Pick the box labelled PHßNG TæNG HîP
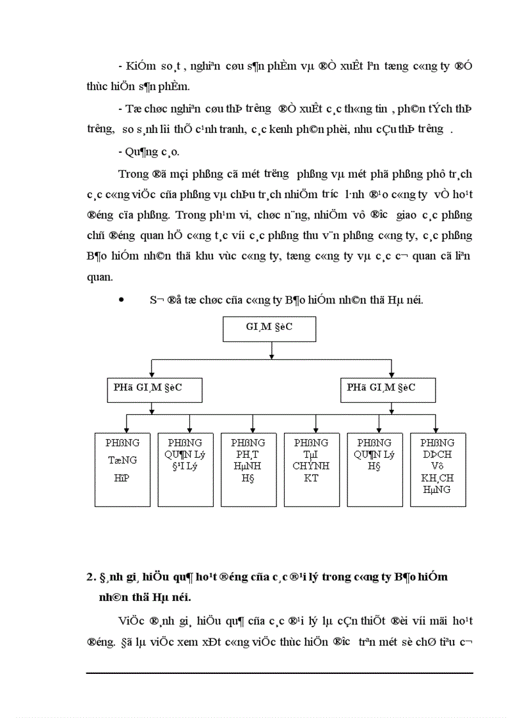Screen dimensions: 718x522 122,470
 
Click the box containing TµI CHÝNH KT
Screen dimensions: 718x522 312,470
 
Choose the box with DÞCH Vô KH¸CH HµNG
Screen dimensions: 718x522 438,470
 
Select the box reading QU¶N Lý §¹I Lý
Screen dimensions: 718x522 185,470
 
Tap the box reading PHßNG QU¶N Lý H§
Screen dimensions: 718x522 375,470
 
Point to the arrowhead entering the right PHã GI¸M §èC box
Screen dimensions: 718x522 391,374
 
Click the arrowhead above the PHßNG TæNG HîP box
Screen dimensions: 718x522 127,430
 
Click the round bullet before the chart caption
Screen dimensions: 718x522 121,299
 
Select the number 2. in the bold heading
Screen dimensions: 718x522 91,577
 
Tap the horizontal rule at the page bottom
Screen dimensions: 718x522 280,673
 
